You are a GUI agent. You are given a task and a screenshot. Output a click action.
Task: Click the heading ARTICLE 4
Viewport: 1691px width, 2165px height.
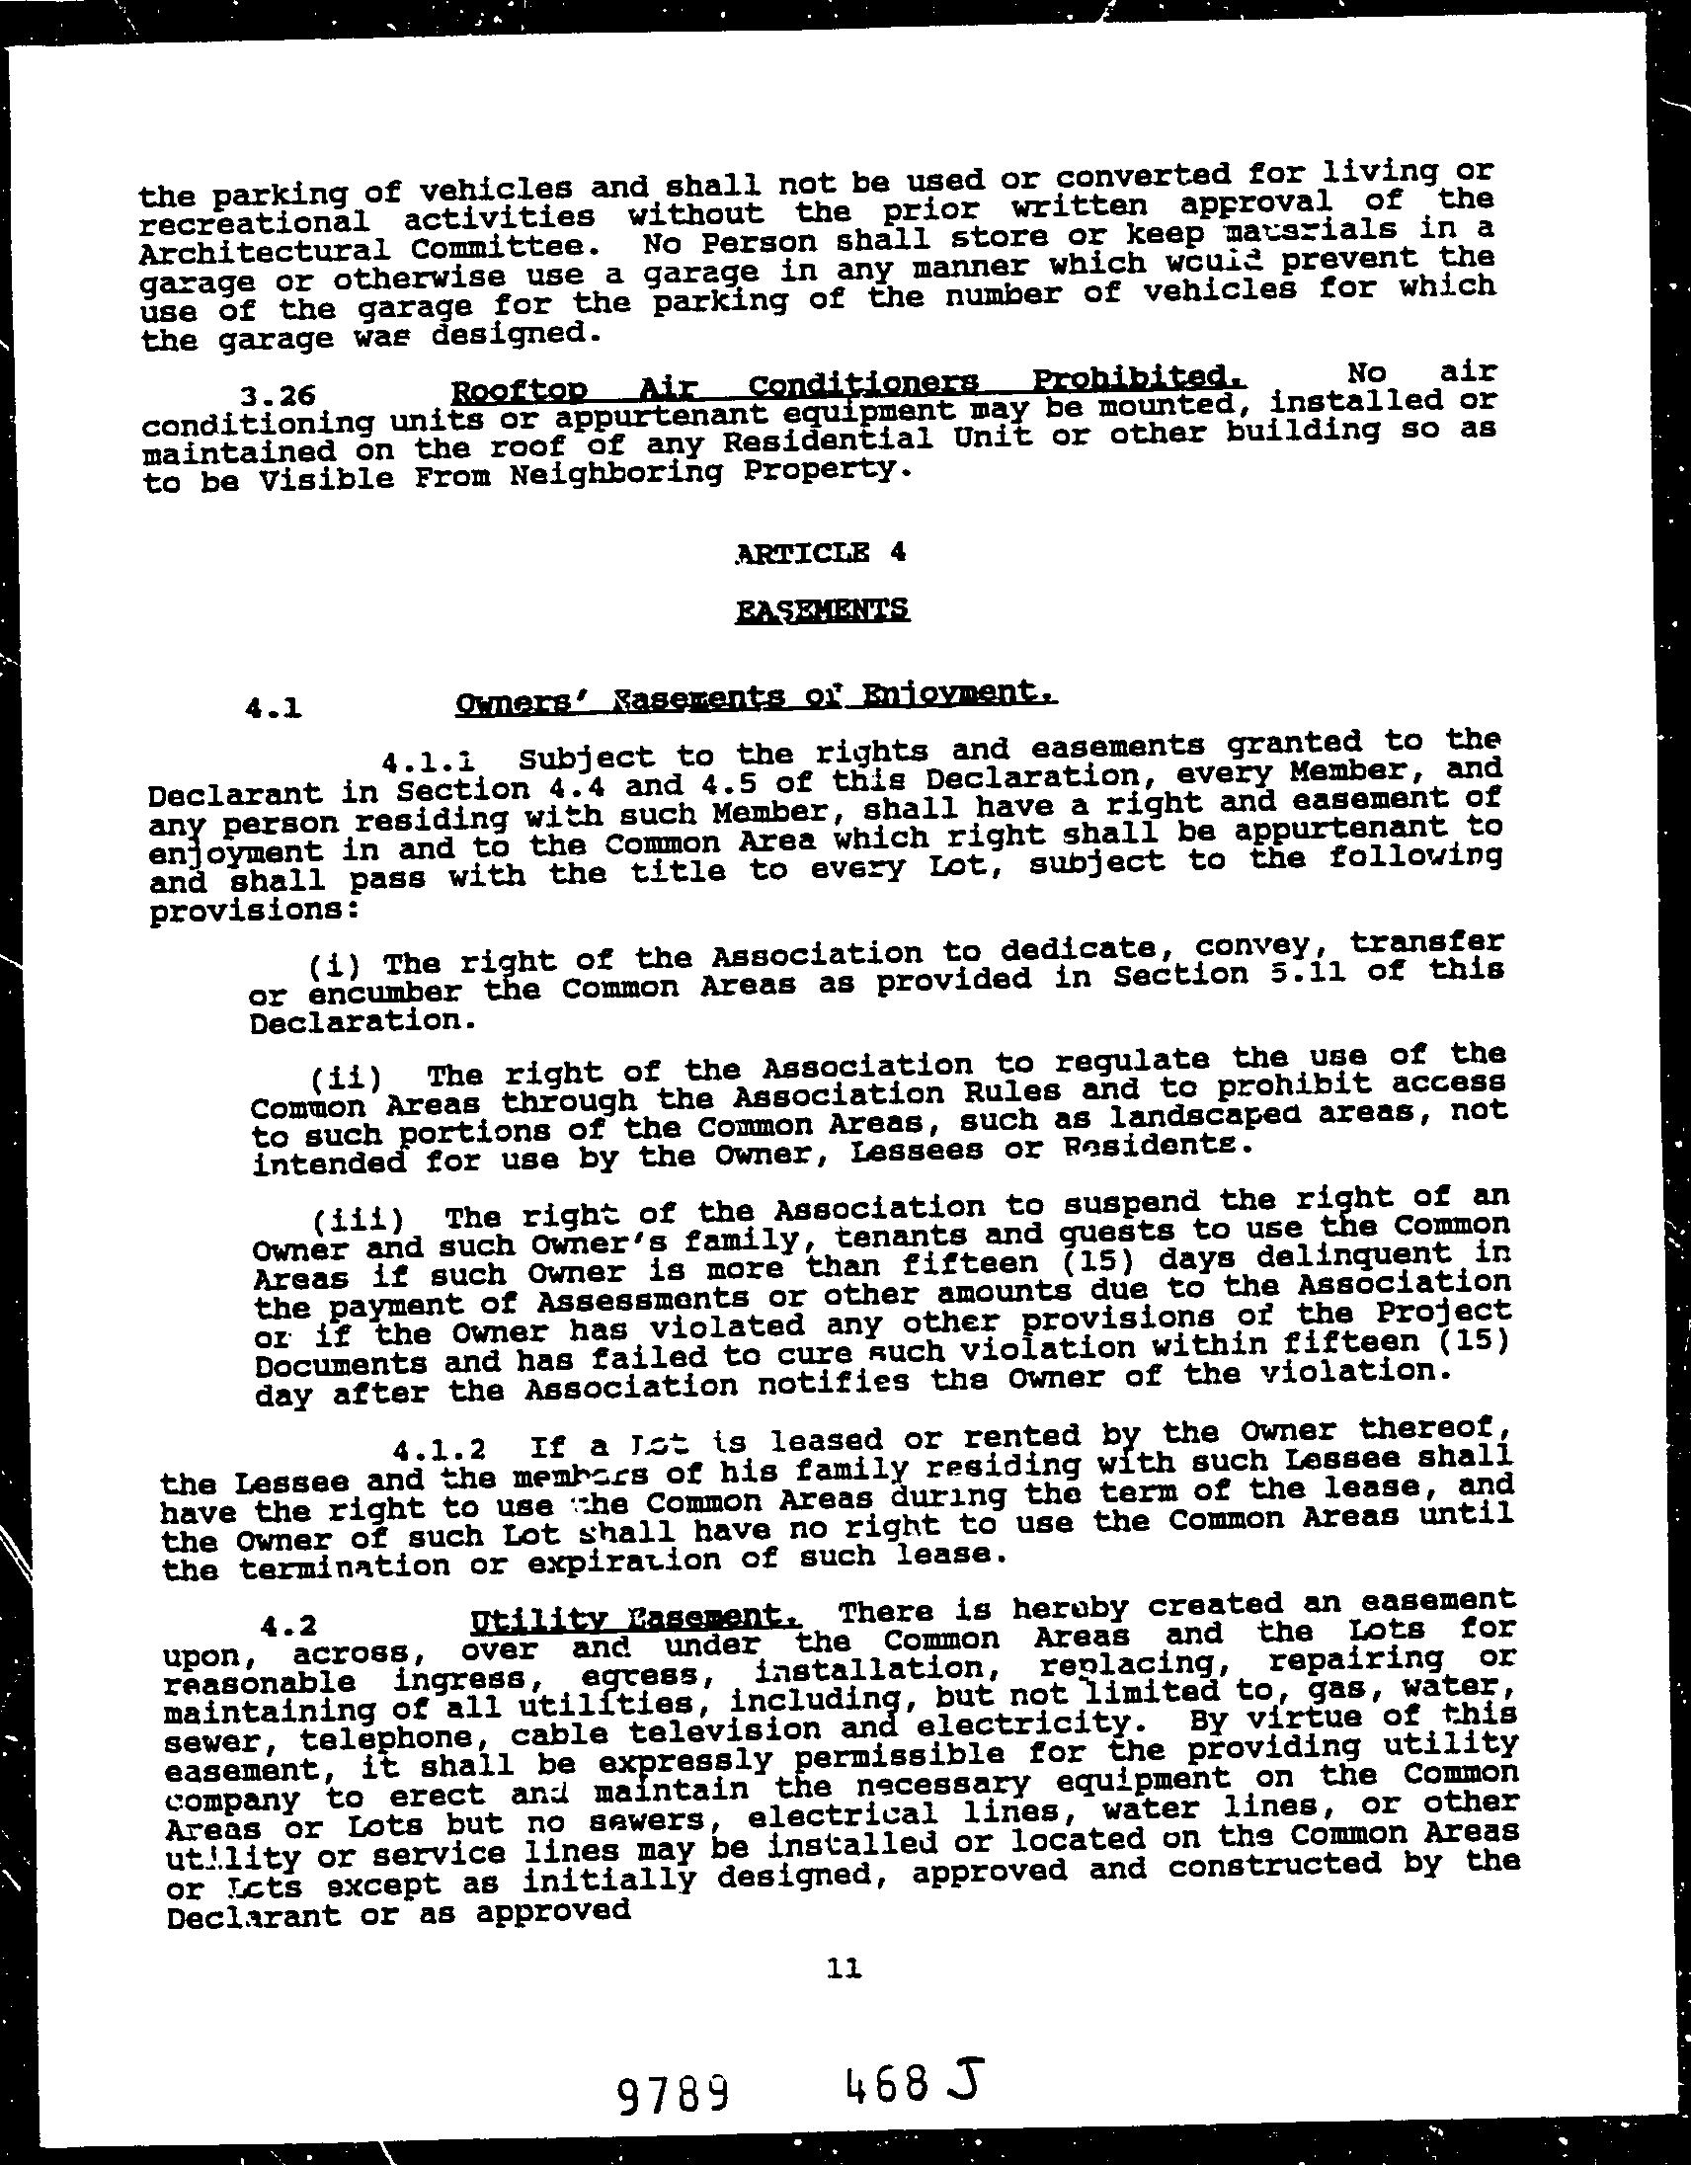click(821, 553)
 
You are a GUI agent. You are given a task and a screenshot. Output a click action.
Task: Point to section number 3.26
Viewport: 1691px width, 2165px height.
click(279, 396)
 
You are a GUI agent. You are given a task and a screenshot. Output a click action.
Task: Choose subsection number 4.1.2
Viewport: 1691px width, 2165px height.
click(439, 1451)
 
